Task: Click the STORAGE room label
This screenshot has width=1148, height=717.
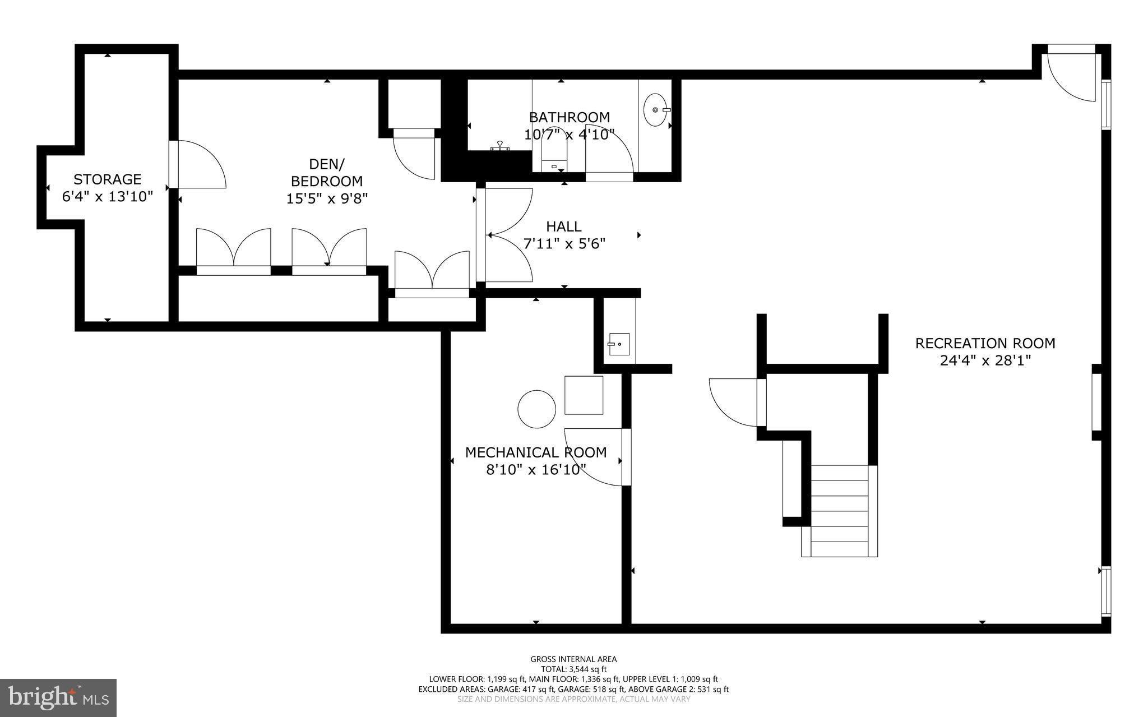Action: pyautogui.click(x=107, y=179)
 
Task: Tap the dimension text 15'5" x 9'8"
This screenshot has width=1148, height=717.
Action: pyautogui.click(x=327, y=199)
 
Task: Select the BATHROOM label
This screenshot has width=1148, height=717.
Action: pyautogui.click(x=570, y=117)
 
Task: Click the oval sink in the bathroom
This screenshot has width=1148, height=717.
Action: pyautogui.click(x=654, y=110)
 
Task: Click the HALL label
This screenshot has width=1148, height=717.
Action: pyautogui.click(x=564, y=226)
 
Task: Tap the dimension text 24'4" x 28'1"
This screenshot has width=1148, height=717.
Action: pyautogui.click(x=985, y=360)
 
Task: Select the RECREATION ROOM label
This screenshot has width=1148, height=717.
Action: pyautogui.click(x=985, y=343)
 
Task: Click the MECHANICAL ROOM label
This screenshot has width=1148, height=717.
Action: pyautogui.click(x=535, y=452)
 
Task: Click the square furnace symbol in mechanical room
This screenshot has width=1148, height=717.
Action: pyautogui.click(x=584, y=395)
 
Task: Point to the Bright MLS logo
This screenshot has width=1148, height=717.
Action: pyautogui.click(x=58, y=697)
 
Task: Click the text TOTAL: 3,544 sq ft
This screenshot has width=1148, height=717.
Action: pyautogui.click(x=573, y=669)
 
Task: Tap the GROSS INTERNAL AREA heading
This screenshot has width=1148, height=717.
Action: pyautogui.click(x=573, y=659)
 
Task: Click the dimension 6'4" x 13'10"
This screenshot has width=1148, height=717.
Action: pyautogui.click(x=107, y=197)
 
